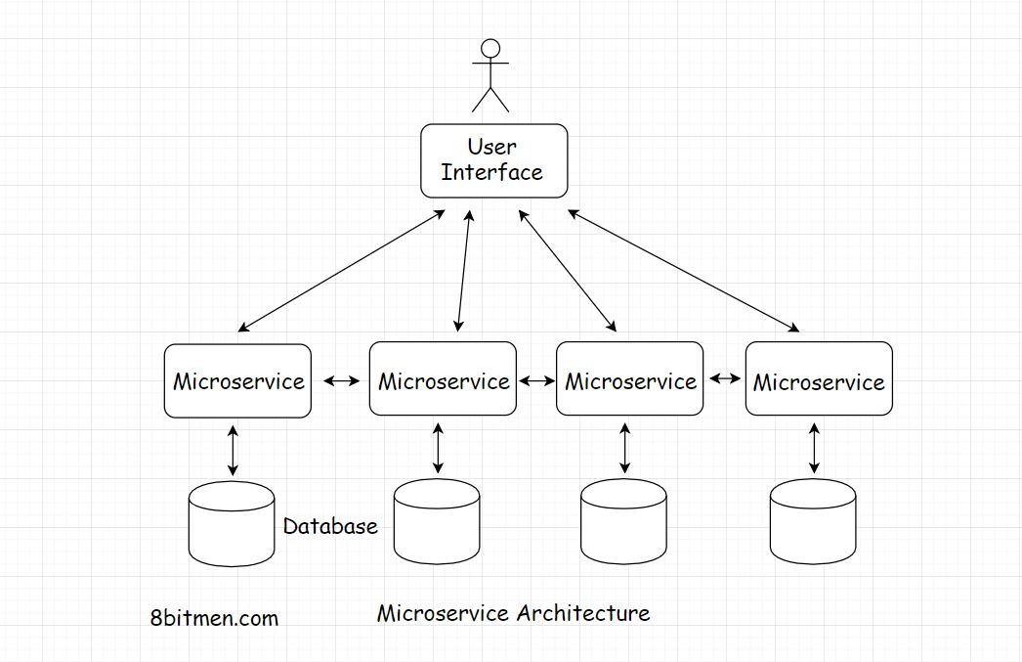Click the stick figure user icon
pyautogui.click(x=490, y=74)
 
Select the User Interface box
pyautogui.click(x=493, y=160)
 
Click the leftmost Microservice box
pyautogui.click(x=237, y=380)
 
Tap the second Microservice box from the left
pyautogui.click(x=443, y=380)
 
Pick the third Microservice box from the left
pyautogui.click(x=629, y=380)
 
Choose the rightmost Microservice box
pyautogui.click(x=818, y=381)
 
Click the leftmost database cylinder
pyautogui.click(x=231, y=524)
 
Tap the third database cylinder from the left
pyautogui.click(x=623, y=524)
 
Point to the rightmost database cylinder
pyautogui.click(x=812, y=524)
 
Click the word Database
pyautogui.click(x=330, y=526)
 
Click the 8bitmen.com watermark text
pyautogui.click(x=214, y=618)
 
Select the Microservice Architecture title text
pyautogui.click(x=513, y=613)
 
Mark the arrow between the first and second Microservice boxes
pyautogui.click(x=340, y=381)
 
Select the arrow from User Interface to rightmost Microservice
pyautogui.click(x=684, y=270)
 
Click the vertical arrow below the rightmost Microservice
pyautogui.click(x=813, y=449)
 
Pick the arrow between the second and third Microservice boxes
pyautogui.click(x=536, y=380)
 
